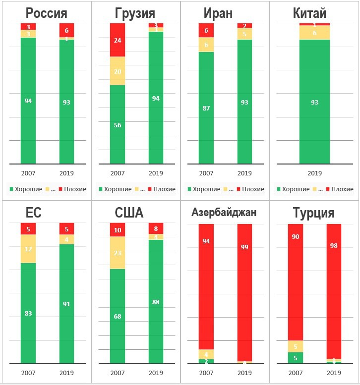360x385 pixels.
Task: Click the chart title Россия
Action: click(46, 13)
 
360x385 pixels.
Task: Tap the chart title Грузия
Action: click(135, 13)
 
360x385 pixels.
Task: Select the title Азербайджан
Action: click(224, 213)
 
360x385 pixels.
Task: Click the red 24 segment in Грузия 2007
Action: click(118, 40)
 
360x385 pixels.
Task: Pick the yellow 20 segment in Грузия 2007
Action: click(118, 71)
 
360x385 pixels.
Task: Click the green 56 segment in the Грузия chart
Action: click(118, 124)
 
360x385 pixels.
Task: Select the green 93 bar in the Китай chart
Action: click(314, 102)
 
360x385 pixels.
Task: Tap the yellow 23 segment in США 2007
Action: click(118, 253)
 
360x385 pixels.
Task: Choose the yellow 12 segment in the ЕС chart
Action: click(28, 249)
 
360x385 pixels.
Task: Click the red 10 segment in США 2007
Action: click(118, 230)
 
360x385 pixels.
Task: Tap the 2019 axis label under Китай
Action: click(314, 173)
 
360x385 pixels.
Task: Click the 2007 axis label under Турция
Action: click(296, 373)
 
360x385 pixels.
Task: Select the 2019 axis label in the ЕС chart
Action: click(66, 373)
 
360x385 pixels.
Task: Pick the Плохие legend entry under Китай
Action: click(342, 189)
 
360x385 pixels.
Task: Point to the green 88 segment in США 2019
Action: click(156, 302)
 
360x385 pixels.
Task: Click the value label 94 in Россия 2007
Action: click(28, 101)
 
